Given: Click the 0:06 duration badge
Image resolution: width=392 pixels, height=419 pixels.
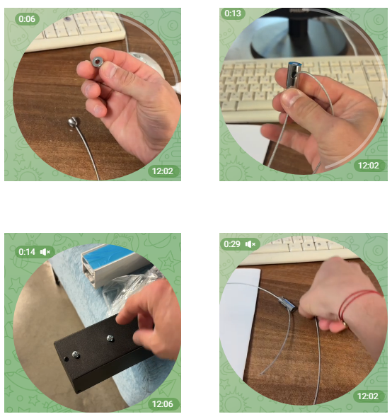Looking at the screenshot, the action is tap(27, 19).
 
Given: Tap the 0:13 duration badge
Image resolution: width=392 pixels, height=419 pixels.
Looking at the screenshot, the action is tap(233, 13).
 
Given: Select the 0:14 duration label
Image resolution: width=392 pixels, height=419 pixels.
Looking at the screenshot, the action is tap(27, 252).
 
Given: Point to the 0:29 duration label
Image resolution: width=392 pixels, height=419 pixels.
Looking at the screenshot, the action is tap(232, 244).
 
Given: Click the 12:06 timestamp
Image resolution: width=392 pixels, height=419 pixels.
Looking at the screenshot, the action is tap(163, 403).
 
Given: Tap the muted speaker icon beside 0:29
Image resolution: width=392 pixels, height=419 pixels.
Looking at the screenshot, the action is tap(250, 244).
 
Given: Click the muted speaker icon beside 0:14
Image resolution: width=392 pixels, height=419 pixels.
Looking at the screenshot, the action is tap(45, 252).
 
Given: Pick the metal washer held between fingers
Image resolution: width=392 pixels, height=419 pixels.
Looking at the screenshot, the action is tap(96, 62).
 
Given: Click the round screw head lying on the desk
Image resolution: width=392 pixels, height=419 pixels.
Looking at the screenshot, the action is tap(73, 122).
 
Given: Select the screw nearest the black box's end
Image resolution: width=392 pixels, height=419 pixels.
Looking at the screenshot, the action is tap(76, 355).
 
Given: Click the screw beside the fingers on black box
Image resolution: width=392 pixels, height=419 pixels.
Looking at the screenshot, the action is tap(110, 338).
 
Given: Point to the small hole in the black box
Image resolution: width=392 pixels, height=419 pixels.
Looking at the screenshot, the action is tap(66, 359).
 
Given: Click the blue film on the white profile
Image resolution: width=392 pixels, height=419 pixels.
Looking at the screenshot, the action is tap(107, 256).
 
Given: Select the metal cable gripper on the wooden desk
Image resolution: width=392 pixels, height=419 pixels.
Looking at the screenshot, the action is tap(287, 304).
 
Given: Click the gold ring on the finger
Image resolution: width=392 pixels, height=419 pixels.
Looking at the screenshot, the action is tap(345, 325).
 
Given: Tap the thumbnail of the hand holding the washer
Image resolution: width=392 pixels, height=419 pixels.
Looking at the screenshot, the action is tap(93, 94).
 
